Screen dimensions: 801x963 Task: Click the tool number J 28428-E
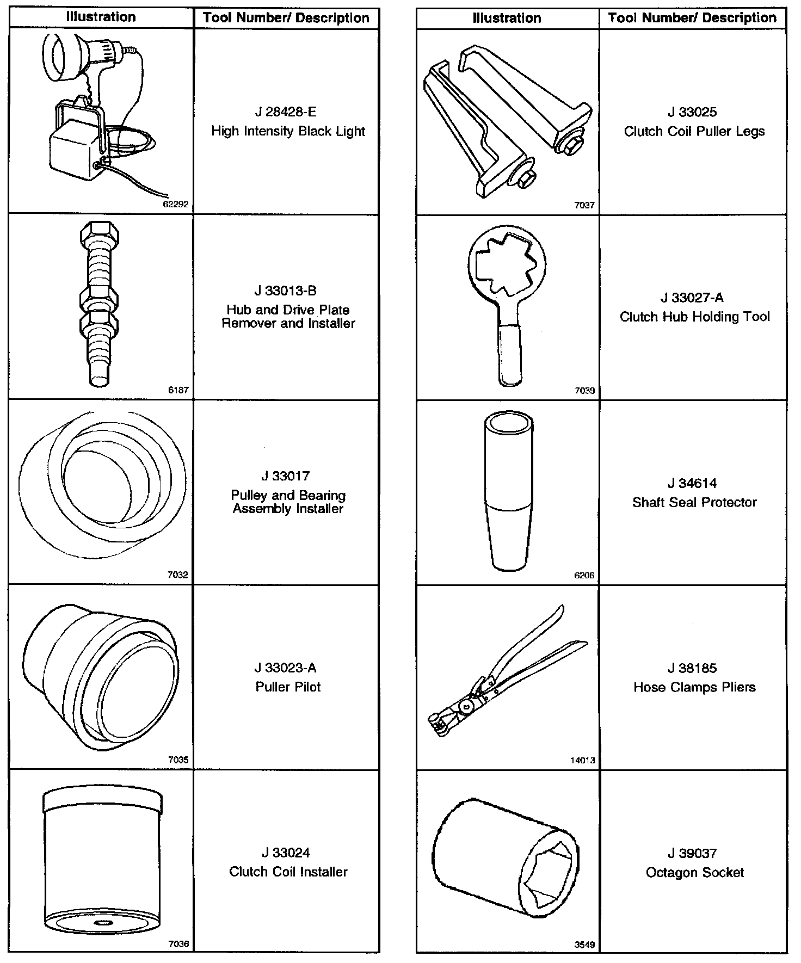[x=286, y=112]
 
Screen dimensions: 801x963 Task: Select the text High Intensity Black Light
[x=288, y=131]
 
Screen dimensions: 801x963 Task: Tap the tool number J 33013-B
[x=286, y=291]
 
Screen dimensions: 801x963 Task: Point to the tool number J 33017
[x=286, y=476]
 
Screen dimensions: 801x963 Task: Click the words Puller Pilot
[x=288, y=687]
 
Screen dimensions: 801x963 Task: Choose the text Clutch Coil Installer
[x=288, y=872]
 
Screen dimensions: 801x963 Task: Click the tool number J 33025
[x=693, y=112]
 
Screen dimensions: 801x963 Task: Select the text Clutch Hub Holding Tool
[x=695, y=317]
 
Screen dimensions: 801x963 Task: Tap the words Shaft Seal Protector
[x=694, y=502]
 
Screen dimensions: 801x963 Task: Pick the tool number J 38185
[x=693, y=668]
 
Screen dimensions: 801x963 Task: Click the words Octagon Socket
[x=695, y=872]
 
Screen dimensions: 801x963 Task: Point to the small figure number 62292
[x=176, y=205]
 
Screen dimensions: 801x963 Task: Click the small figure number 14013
[x=583, y=760]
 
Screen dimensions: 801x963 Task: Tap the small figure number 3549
[x=585, y=945]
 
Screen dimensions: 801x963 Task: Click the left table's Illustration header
[x=101, y=17]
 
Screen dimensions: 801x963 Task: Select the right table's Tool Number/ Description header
[x=692, y=17]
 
